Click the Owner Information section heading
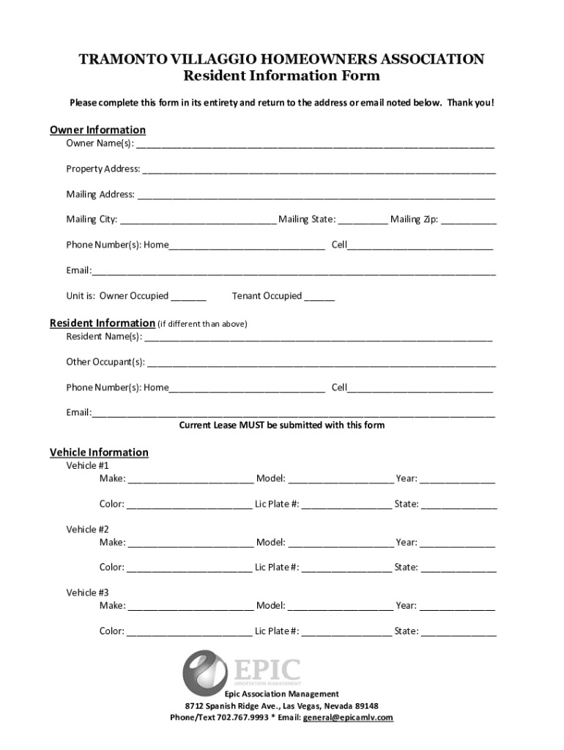click(97, 130)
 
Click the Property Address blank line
click(319, 170)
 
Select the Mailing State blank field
click(363, 220)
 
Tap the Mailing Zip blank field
click(469, 220)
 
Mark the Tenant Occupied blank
click(319, 297)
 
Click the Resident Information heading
click(102, 323)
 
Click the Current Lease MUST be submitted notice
click(282, 425)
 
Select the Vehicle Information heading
click(99, 452)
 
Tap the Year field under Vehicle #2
click(457, 543)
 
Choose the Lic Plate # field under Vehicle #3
click(346, 631)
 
